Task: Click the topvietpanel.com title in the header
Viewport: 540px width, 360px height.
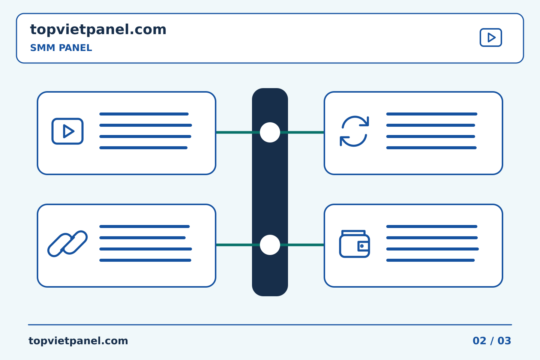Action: coord(98,30)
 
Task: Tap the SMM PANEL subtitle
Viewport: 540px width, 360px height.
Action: coord(61,48)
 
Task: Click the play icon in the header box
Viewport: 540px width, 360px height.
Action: coord(490,37)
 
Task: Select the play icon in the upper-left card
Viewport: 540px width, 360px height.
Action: coord(67,131)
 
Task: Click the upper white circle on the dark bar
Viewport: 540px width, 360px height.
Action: coord(270,132)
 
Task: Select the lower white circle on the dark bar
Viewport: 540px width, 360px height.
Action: coord(270,245)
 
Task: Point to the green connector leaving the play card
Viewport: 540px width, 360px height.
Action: coord(238,132)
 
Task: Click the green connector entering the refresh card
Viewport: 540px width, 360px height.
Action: coord(302,132)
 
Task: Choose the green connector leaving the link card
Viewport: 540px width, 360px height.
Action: coord(238,245)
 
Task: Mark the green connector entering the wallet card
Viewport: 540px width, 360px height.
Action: coord(302,245)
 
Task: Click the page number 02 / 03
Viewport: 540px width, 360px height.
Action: coord(492,341)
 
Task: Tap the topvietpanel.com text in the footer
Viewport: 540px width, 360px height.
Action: coord(78,341)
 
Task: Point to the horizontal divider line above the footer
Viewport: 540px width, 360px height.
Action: coord(270,325)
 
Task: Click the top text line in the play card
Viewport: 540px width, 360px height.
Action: coord(144,114)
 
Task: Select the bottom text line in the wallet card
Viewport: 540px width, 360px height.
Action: coord(430,260)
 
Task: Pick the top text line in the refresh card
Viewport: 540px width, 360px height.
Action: coord(432,114)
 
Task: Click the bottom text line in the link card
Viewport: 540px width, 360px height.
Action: coord(145,260)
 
